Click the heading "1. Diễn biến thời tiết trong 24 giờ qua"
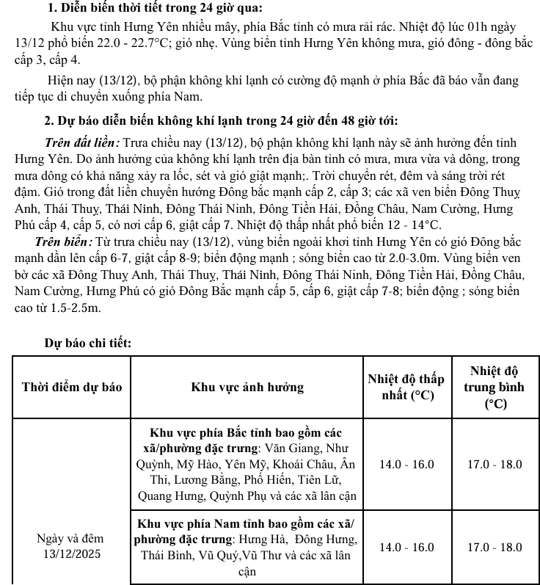[153, 9]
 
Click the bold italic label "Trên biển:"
[63, 241]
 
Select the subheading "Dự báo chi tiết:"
[88, 343]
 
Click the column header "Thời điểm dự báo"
[72, 387]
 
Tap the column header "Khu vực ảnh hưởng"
[247, 387]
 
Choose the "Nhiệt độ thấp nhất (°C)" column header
[406, 387]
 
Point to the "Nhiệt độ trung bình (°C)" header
[494, 387]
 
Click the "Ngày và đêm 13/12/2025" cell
[72, 546]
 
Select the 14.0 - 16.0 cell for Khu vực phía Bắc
[406, 465]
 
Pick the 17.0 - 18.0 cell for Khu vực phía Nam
[494, 548]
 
